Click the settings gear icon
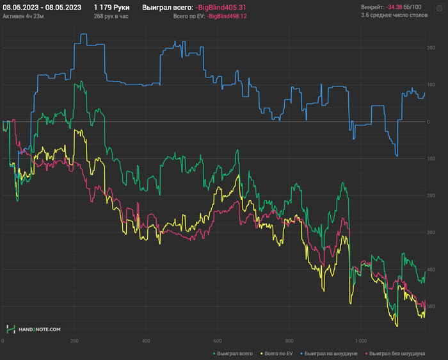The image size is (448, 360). (x=439, y=8)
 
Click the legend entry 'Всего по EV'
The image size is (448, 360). (x=278, y=353)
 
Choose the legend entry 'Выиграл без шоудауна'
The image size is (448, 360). (x=395, y=353)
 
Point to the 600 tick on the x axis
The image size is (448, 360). (x=218, y=341)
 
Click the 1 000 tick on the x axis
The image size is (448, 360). (x=361, y=341)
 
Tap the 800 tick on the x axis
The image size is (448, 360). (x=289, y=341)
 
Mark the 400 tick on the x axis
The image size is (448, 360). (x=146, y=341)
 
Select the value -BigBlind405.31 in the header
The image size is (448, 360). (x=220, y=7)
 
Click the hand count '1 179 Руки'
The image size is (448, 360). (x=111, y=7)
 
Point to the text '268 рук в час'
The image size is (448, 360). (x=111, y=15)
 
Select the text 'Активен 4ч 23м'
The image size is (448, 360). (x=23, y=15)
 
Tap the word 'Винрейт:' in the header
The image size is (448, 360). (x=372, y=7)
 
